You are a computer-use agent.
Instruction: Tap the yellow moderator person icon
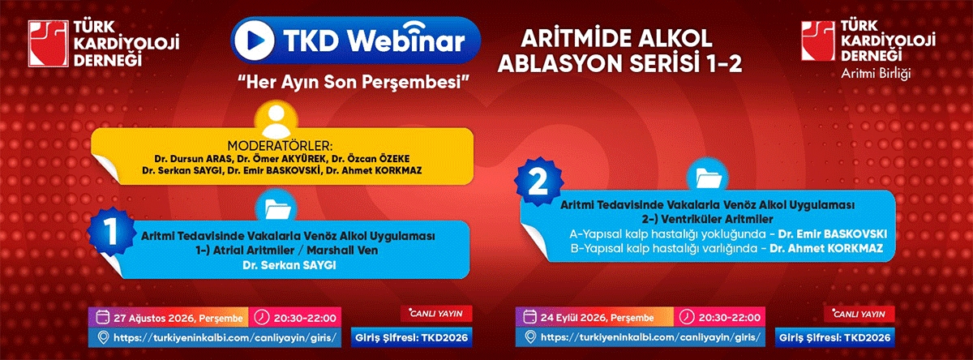point(276,121)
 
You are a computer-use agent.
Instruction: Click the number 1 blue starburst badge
point(111,230)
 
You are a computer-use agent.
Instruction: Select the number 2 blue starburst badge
point(538,182)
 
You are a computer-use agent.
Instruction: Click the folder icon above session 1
point(276,208)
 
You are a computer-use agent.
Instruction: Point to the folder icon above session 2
point(708,178)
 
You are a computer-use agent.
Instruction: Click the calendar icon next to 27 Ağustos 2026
point(102,318)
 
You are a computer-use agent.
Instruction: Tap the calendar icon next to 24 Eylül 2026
point(529,317)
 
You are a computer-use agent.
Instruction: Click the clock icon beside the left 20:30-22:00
point(261,317)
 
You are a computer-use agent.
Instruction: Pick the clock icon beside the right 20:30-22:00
point(686,316)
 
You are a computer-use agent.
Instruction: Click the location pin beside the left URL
point(103,337)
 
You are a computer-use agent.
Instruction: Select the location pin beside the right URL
point(530,337)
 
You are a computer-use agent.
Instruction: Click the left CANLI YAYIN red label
point(436,314)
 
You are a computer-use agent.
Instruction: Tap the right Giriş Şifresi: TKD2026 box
point(835,337)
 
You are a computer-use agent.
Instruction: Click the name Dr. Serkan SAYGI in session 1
point(289,265)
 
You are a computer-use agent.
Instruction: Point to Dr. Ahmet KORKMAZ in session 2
point(826,248)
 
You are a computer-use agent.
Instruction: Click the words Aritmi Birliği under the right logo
point(875,74)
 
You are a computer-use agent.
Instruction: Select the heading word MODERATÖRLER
point(281,146)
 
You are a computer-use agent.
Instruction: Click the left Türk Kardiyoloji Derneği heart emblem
point(48,44)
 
